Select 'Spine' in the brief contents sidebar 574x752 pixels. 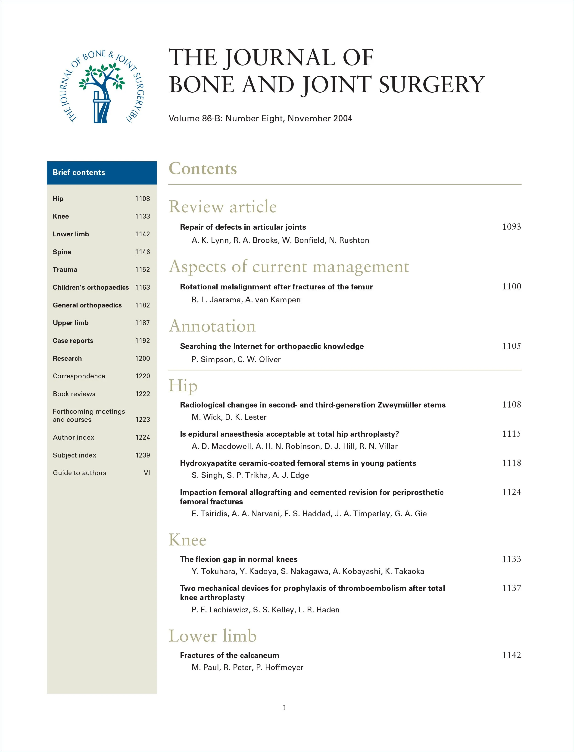tap(62, 252)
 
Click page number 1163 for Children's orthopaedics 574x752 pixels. tap(143, 288)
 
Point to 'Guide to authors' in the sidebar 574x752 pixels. tap(79, 473)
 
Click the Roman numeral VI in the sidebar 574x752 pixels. tap(147, 473)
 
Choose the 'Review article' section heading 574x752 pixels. tap(222, 207)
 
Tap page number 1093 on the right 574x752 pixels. tap(511, 227)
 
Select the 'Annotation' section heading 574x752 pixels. tap(212, 326)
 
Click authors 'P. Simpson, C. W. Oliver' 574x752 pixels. tap(236, 360)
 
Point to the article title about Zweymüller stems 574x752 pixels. tap(313, 405)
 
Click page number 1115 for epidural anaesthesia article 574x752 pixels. tap(511, 434)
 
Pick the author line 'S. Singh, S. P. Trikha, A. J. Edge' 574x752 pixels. tap(250, 476)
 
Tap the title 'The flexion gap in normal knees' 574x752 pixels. tap(238, 560)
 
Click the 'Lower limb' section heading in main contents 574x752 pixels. tap(212, 636)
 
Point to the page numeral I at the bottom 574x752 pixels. tap(284, 708)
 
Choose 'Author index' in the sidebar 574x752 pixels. tap(73, 438)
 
